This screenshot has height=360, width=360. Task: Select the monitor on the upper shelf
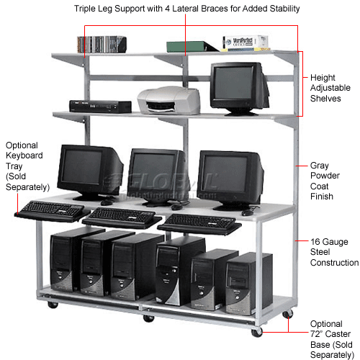237,87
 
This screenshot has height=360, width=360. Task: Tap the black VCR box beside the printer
99,105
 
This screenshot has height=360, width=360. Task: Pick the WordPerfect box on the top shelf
242,43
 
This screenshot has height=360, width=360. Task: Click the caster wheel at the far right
290,312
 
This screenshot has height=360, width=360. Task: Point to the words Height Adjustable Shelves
325,88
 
